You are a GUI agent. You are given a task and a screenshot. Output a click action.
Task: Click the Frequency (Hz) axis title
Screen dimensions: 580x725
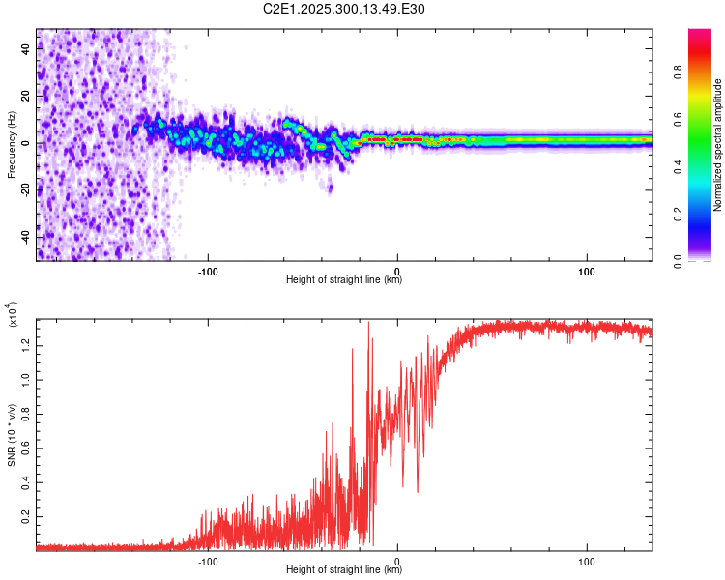(x=12, y=144)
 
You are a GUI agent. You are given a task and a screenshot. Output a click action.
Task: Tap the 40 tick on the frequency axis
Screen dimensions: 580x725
(x=25, y=49)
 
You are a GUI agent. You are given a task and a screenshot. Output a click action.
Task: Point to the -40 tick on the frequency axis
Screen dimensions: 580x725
(x=25, y=237)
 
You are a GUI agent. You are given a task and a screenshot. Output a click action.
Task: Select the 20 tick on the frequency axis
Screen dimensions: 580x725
(x=25, y=97)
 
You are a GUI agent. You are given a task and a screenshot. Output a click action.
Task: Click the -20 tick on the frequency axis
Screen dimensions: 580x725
(x=25, y=190)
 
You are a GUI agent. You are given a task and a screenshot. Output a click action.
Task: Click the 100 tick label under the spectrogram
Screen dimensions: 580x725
(x=586, y=270)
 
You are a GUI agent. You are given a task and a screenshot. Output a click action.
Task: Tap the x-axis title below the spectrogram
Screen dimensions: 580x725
(x=344, y=280)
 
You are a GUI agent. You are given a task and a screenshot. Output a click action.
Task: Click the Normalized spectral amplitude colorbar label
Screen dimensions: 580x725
(x=718, y=145)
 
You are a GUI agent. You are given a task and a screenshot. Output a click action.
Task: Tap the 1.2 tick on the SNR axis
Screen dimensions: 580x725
(x=25, y=344)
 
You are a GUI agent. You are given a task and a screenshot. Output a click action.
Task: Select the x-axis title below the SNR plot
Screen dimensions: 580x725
(x=344, y=570)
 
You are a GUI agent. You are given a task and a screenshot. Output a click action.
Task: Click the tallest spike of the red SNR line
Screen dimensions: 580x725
(x=368, y=323)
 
